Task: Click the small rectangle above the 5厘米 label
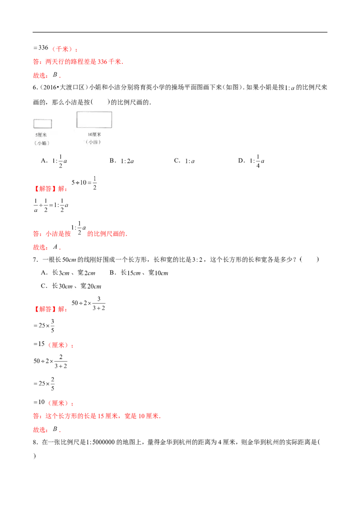point(43,124)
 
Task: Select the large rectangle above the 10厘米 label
point(94,120)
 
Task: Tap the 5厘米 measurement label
point(42,135)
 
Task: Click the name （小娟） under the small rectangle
point(42,143)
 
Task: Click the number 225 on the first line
point(42,47)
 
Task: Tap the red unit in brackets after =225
point(63,49)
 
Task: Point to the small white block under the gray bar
point(318,448)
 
